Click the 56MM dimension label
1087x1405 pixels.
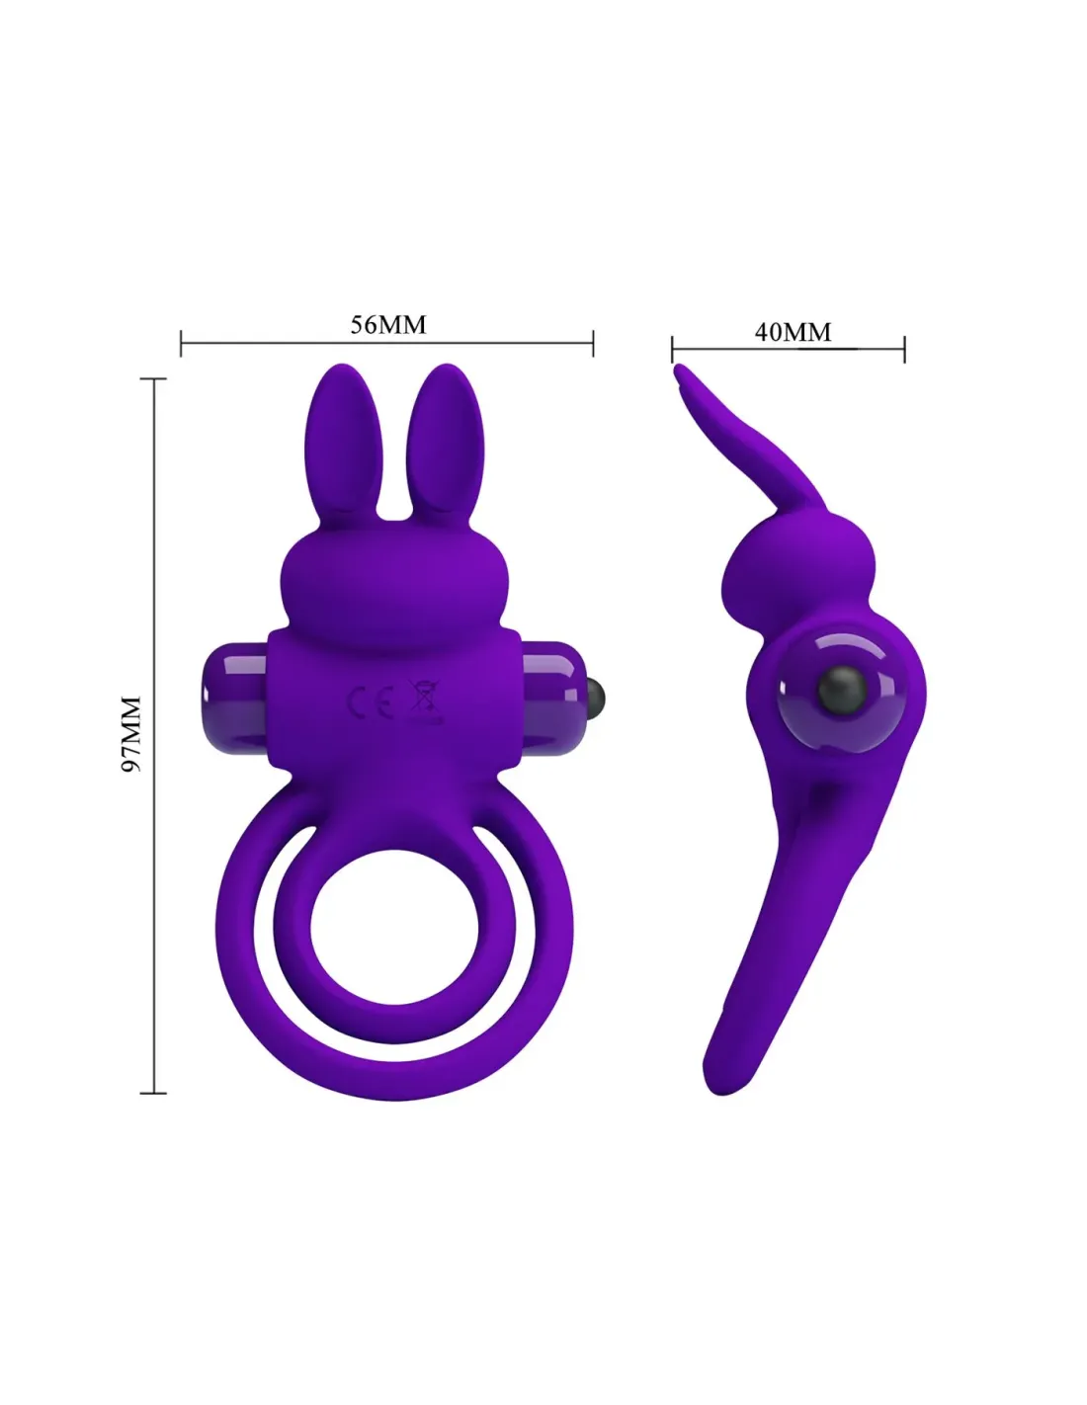[x=388, y=325]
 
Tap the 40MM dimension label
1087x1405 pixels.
[x=793, y=332]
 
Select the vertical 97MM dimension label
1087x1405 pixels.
[x=130, y=733]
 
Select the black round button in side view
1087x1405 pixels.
[x=842, y=692]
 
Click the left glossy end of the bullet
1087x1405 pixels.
[x=234, y=697]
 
